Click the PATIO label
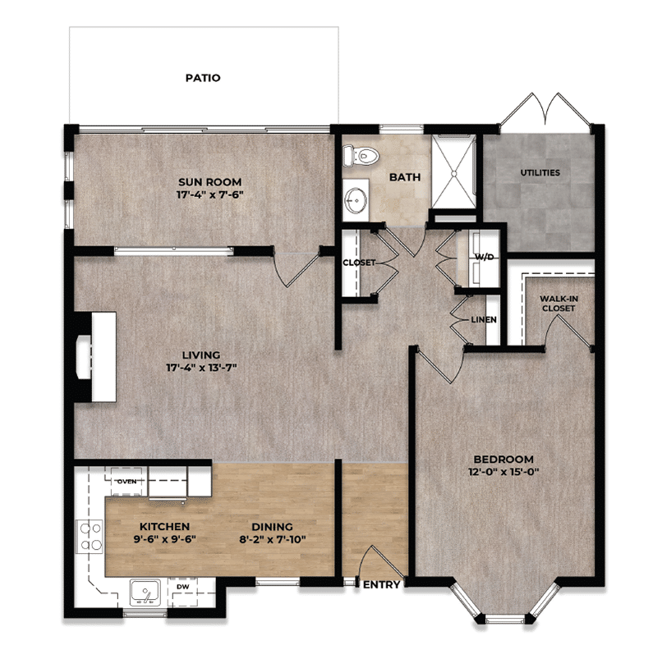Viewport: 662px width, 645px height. [202, 79]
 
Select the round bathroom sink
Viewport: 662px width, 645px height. [357, 198]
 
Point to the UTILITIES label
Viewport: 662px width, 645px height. [540, 173]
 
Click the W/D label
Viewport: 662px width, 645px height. [485, 257]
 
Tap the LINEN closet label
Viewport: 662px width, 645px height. [483, 318]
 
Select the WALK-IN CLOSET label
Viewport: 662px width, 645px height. [558, 303]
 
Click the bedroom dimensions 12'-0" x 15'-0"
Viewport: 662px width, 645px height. [503, 472]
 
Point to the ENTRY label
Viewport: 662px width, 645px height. [382, 585]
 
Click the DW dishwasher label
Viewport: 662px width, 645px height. [182, 587]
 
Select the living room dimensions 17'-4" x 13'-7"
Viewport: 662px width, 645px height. [200, 367]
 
